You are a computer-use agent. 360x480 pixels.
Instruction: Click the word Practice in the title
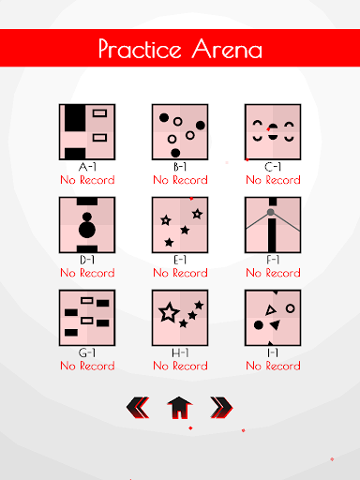click(x=140, y=49)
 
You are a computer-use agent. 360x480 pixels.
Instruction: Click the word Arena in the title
click(x=227, y=49)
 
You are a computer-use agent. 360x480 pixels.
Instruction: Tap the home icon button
click(x=180, y=408)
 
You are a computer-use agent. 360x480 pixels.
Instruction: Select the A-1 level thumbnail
click(x=87, y=132)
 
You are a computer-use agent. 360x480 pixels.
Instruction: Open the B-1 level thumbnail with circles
click(x=180, y=132)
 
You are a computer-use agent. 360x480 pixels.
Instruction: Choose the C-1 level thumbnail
click(x=273, y=132)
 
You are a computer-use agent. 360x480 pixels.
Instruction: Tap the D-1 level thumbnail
click(x=87, y=225)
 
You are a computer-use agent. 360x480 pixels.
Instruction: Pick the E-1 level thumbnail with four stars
click(x=180, y=225)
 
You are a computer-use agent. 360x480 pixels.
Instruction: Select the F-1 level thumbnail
click(x=273, y=225)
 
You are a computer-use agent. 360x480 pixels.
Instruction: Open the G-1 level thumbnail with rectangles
click(x=87, y=318)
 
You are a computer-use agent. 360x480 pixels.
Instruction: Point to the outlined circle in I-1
click(x=291, y=308)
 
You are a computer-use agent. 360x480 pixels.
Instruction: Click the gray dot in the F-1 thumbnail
click(x=271, y=212)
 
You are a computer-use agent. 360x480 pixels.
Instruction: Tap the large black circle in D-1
click(x=87, y=230)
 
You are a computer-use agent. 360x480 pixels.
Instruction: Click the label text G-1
click(x=87, y=352)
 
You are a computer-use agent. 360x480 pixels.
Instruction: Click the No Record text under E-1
click(x=180, y=273)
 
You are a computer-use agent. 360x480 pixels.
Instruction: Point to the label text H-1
click(x=180, y=352)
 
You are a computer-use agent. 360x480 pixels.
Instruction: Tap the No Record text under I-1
click(x=273, y=366)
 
